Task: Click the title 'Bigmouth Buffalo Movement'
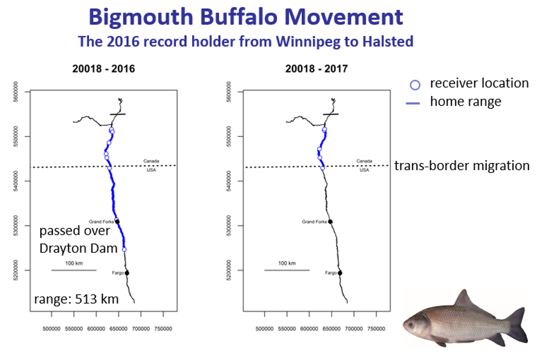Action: pyautogui.click(x=246, y=18)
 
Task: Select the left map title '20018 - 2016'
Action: pyautogui.click(x=103, y=69)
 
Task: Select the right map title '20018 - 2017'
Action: pyautogui.click(x=316, y=69)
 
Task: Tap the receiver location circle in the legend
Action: pyautogui.click(x=415, y=85)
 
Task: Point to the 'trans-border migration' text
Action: pyautogui.click(x=462, y=166)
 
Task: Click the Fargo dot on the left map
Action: pyautogui.click(x=127, y=273)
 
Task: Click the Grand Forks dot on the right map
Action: pyautogui.click(x=330, y=222)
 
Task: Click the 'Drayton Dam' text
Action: pyautogui.click(x=78, y=248)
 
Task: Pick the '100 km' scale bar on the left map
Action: pyautogui.click(x=74, y=270)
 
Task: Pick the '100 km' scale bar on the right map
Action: pyautogui.click(x=286, y=270)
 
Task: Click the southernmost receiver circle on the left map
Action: pyautogui.click(x=124, y=249)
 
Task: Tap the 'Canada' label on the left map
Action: pyautogui.click(x=151, y=161)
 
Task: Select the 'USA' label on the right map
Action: pyautogui.click(x=364, y=170)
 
